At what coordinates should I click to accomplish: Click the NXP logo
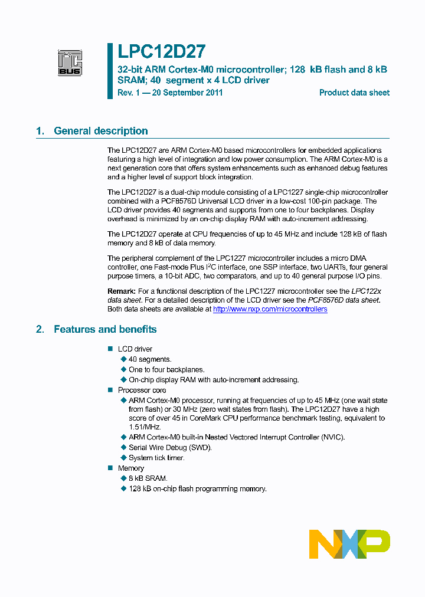click(349, 544)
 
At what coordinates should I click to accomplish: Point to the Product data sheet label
click(354, 93)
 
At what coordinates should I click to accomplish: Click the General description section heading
click(100, 131)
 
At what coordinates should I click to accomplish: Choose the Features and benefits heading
click(105, 329)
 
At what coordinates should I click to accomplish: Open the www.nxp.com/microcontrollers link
click(270, 309)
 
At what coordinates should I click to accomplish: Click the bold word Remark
click(121, 291)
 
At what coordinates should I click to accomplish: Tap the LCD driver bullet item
click(135, 349)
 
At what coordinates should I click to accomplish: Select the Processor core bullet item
click(142, 390)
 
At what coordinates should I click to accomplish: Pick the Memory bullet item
click(130, 468)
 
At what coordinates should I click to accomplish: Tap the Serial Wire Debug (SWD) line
click(170, 447)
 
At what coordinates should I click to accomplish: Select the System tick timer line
click(156, 458)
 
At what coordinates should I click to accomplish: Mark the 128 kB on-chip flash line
click(197, 488)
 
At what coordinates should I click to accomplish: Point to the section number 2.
click(40, 329)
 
